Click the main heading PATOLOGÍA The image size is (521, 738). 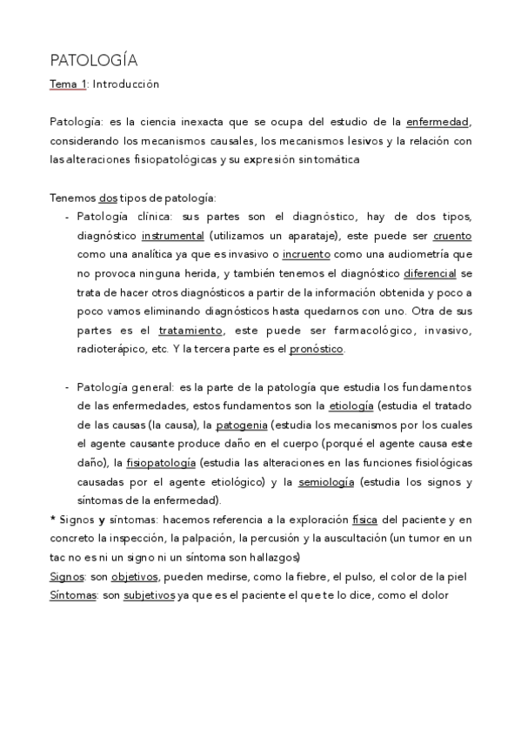94,60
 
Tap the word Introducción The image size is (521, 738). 126,85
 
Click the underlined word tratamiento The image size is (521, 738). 190,331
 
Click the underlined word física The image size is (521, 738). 364,520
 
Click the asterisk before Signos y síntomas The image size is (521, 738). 54,520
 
